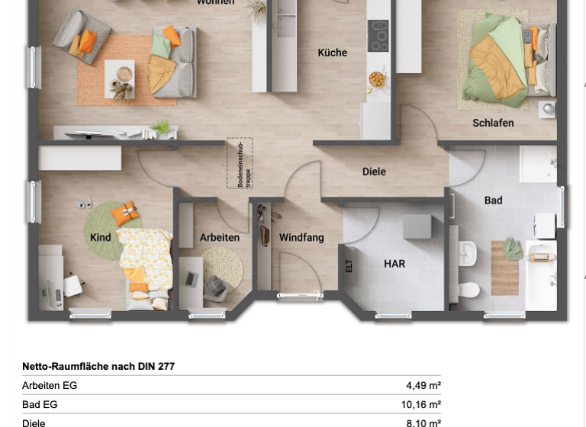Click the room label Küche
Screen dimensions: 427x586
(x=333, y=53)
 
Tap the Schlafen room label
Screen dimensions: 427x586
(x=493, y=123)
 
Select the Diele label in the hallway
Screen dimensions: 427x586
(x=374, y=172)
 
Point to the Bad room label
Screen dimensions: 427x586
(x=494, y=201)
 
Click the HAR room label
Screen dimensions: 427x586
(x=394, y=264)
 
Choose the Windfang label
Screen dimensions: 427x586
(x=301, y=238)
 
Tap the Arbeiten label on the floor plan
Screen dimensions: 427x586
(x=220, y=238)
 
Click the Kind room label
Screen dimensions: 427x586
(x=101, y=238)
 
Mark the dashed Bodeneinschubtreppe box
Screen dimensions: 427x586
(x=239, y=163)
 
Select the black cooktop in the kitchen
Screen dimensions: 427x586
(x=378, y=35)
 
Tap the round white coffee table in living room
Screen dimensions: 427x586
(x=123, y=73)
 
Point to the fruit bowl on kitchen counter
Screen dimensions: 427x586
(x=377, y=78)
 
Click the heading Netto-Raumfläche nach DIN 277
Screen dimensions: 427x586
(x=98, y=367)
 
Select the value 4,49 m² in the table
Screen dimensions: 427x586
(x=423, y=386)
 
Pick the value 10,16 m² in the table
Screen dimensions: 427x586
(x=421, y=405)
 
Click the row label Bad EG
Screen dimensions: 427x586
(x=40, y=405)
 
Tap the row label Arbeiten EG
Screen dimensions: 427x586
(x=50, y=386)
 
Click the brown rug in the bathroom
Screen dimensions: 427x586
(x=504, y=267)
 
